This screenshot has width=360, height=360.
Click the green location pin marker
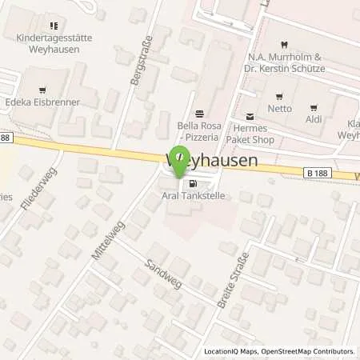pos(180,160)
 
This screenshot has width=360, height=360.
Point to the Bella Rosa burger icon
pos(200,113)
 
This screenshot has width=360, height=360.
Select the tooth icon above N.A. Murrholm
pos(286,46)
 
